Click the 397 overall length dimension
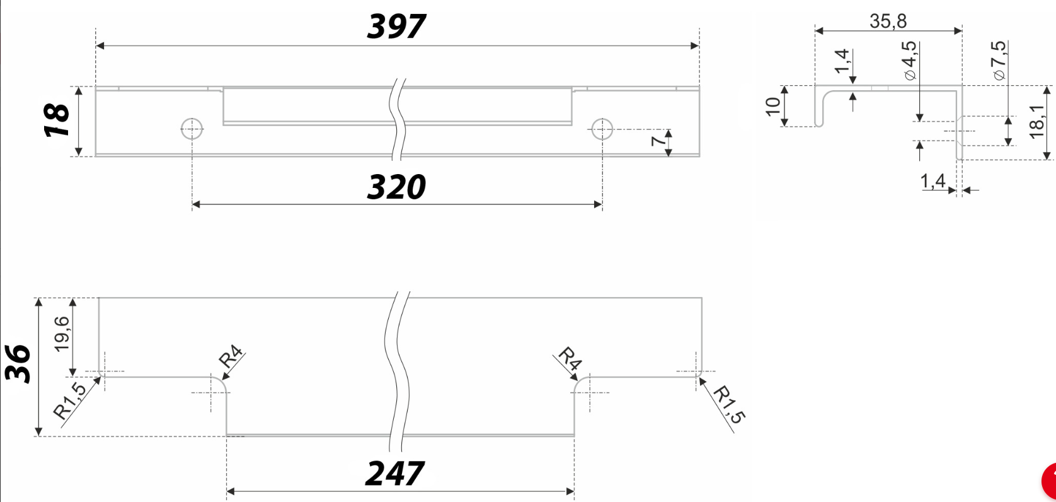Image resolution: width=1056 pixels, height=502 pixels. pyautogui.click(x=396, y=26)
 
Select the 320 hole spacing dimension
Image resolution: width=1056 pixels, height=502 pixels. pyautogui.click(x=396, y=187)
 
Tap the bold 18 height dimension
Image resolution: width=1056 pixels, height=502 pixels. pyautogui.click(x=56, y=120)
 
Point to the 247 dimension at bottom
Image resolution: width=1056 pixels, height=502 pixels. pyautogui.click(x=394, y=474)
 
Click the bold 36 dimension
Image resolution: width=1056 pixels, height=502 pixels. pyautogui.click(x=18, y=364)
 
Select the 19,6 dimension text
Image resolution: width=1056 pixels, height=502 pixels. pyautogui.click(x=61, y=334)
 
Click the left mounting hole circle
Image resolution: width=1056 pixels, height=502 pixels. pyautogui.click(x=192, y=129)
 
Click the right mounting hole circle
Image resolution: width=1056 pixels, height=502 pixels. pyautogui.click(x=602, y=129)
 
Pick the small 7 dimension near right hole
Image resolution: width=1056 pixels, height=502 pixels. pyautogui.click(x=658, y=141)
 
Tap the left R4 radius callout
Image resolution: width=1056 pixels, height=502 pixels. pyautogui.click(x=231, y=357)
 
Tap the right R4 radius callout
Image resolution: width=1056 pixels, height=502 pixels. pyautogui.click(x=570, y=358)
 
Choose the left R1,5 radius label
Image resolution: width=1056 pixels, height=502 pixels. pyautogui.click(x=70, y=401)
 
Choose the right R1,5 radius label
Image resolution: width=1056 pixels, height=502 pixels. pyautogui.click(x=729, y=404)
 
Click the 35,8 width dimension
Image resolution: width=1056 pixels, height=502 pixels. pyautogui.click(x=888, y=21)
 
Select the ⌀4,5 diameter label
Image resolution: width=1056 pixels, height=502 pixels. pyautogui.click(x=909, y=61)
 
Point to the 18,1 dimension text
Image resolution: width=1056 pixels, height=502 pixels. pyautogui.click(x=1036, y=121)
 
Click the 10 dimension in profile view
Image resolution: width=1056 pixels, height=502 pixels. pyautogui.click(x=772, y=107)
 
